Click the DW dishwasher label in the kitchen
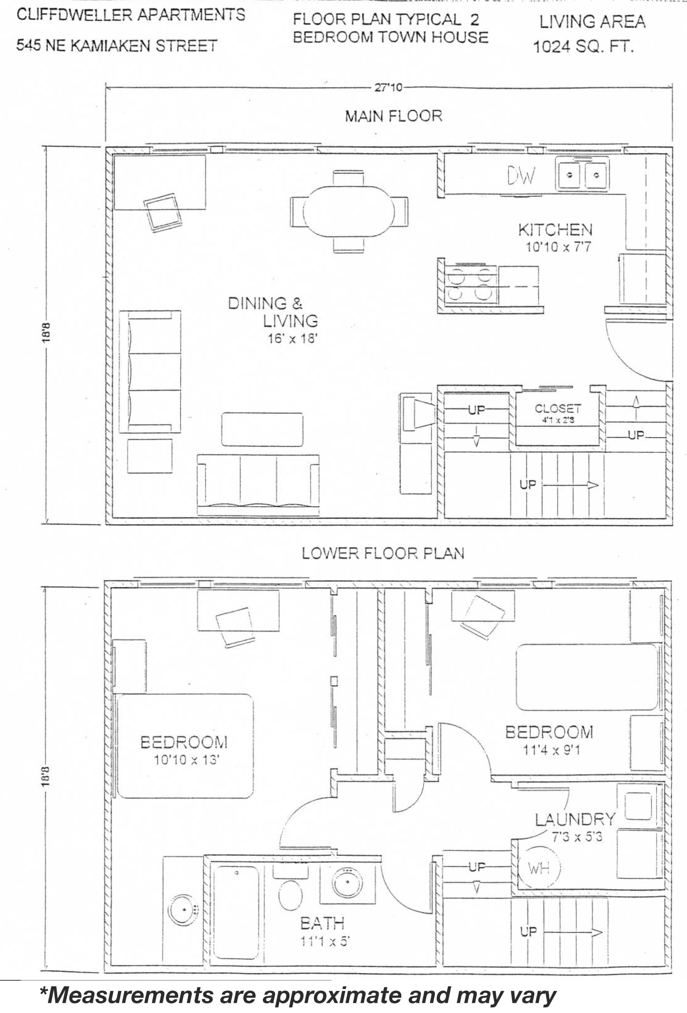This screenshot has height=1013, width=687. (x=521, y=176)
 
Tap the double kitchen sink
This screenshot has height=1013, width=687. (x=582, y=175)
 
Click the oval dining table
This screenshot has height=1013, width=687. (x=349, y=211)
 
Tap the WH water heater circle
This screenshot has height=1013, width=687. (x=538, y=868)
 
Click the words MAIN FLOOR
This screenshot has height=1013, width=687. (x=394, y=116)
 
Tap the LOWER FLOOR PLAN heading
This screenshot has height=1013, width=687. (x=383, y=553)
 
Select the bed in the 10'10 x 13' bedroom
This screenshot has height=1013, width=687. (x=185, y=746)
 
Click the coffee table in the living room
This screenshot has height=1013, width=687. (x=262, y=430)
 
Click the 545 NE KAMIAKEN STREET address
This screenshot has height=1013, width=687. (x=116, y=45)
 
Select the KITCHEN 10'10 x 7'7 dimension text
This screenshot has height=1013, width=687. (x=558, y=247)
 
